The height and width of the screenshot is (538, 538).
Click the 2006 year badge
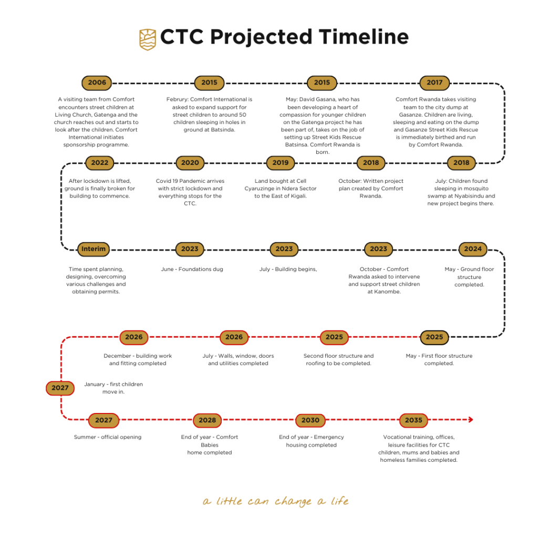click(97, 82)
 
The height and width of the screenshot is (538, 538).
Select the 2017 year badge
click(434, 82)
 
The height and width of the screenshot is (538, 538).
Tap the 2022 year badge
click(99, 163)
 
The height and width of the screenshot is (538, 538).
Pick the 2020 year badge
click(190, 163)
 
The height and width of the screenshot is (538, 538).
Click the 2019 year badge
click(281, 163)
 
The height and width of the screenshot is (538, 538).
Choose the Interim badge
click(94, 249)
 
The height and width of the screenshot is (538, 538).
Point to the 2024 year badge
click(473, 249)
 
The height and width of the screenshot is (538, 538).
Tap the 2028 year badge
click(207, 420)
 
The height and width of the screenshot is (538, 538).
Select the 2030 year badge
click(310, 420)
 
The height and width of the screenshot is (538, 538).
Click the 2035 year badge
click(413, 420)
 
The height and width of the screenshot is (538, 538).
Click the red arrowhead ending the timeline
click(471, 420)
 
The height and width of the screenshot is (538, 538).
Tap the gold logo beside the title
click(148, 39)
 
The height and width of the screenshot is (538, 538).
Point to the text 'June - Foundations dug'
click(192, 270)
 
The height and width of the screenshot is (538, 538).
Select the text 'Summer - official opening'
click(108, 437)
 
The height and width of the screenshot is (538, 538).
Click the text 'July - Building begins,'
click(288, 270)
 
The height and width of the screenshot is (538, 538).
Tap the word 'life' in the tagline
click(340, 501)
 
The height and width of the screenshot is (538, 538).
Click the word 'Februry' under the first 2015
click(178, 99)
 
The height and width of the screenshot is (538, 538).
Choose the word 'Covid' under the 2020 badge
click(163, 181)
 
